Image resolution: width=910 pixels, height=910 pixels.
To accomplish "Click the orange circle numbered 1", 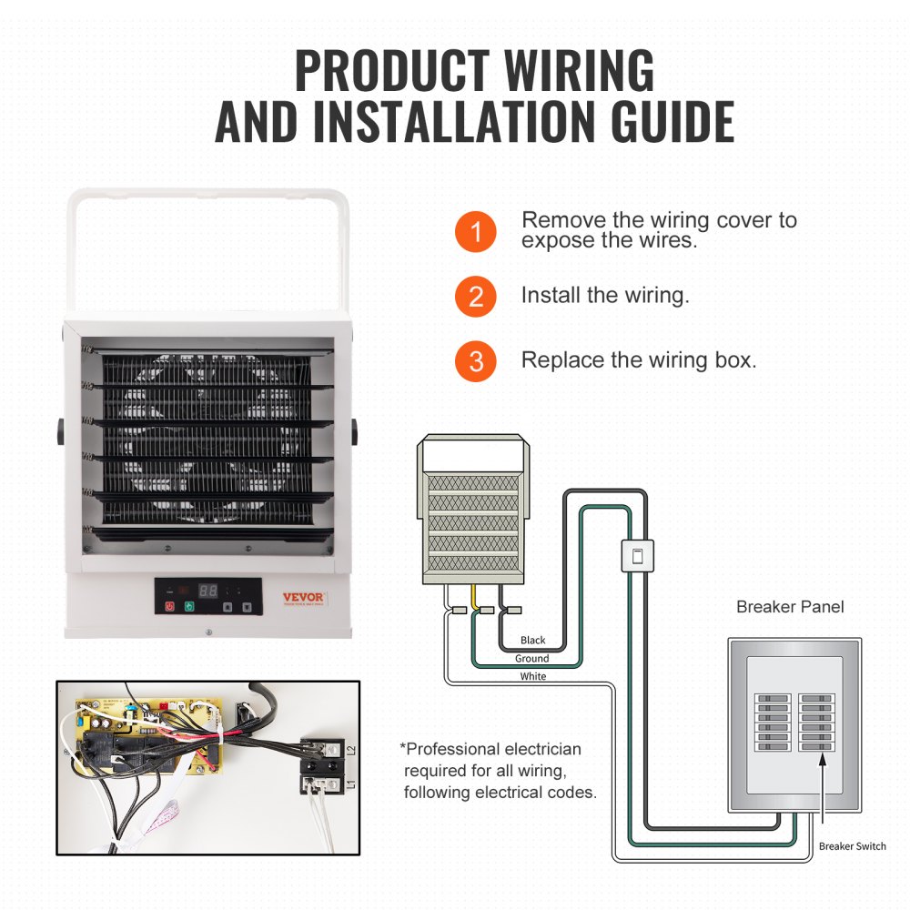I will [476, 232].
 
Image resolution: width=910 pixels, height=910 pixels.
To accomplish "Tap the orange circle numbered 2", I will [476, 297].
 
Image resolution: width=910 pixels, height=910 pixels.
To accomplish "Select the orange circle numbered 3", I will [476, 361].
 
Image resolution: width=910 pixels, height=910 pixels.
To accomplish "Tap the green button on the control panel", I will [188, 605].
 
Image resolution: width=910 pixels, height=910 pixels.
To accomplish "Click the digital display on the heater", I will [208, 590].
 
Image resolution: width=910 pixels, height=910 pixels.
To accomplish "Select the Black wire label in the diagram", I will [533, 642].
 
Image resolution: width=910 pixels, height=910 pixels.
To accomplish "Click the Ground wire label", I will [532, 659].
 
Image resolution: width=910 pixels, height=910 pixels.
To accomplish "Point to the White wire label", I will [533, 676].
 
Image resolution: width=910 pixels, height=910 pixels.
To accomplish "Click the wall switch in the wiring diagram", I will [637, 556].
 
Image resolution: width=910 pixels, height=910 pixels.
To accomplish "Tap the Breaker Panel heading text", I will [790, 606].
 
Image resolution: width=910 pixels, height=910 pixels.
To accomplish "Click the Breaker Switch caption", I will [852, 846].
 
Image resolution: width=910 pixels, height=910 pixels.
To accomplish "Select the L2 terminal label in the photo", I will [349, 750].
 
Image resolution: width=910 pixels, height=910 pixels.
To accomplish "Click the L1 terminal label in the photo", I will [349, 784].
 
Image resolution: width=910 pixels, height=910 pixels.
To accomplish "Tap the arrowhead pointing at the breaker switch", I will [823, 758].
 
